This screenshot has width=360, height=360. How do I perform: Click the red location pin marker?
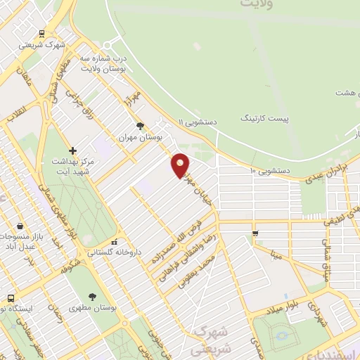click(x=181, y=165)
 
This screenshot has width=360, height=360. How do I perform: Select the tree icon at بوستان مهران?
click(x=141, y=127)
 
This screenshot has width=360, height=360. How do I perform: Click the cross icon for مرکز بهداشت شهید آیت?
click(x=72, y=150)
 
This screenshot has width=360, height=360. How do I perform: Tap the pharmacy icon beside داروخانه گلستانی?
click(x=114, y=241)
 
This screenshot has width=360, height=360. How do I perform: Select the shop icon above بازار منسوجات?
click(x=20, y=226)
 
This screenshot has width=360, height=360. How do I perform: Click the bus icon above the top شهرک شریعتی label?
click(x=42, y=33)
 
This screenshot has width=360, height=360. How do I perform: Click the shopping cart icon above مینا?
click(x=255, y=233)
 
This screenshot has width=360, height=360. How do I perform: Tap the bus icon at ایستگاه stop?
click(x=10, y=297)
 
